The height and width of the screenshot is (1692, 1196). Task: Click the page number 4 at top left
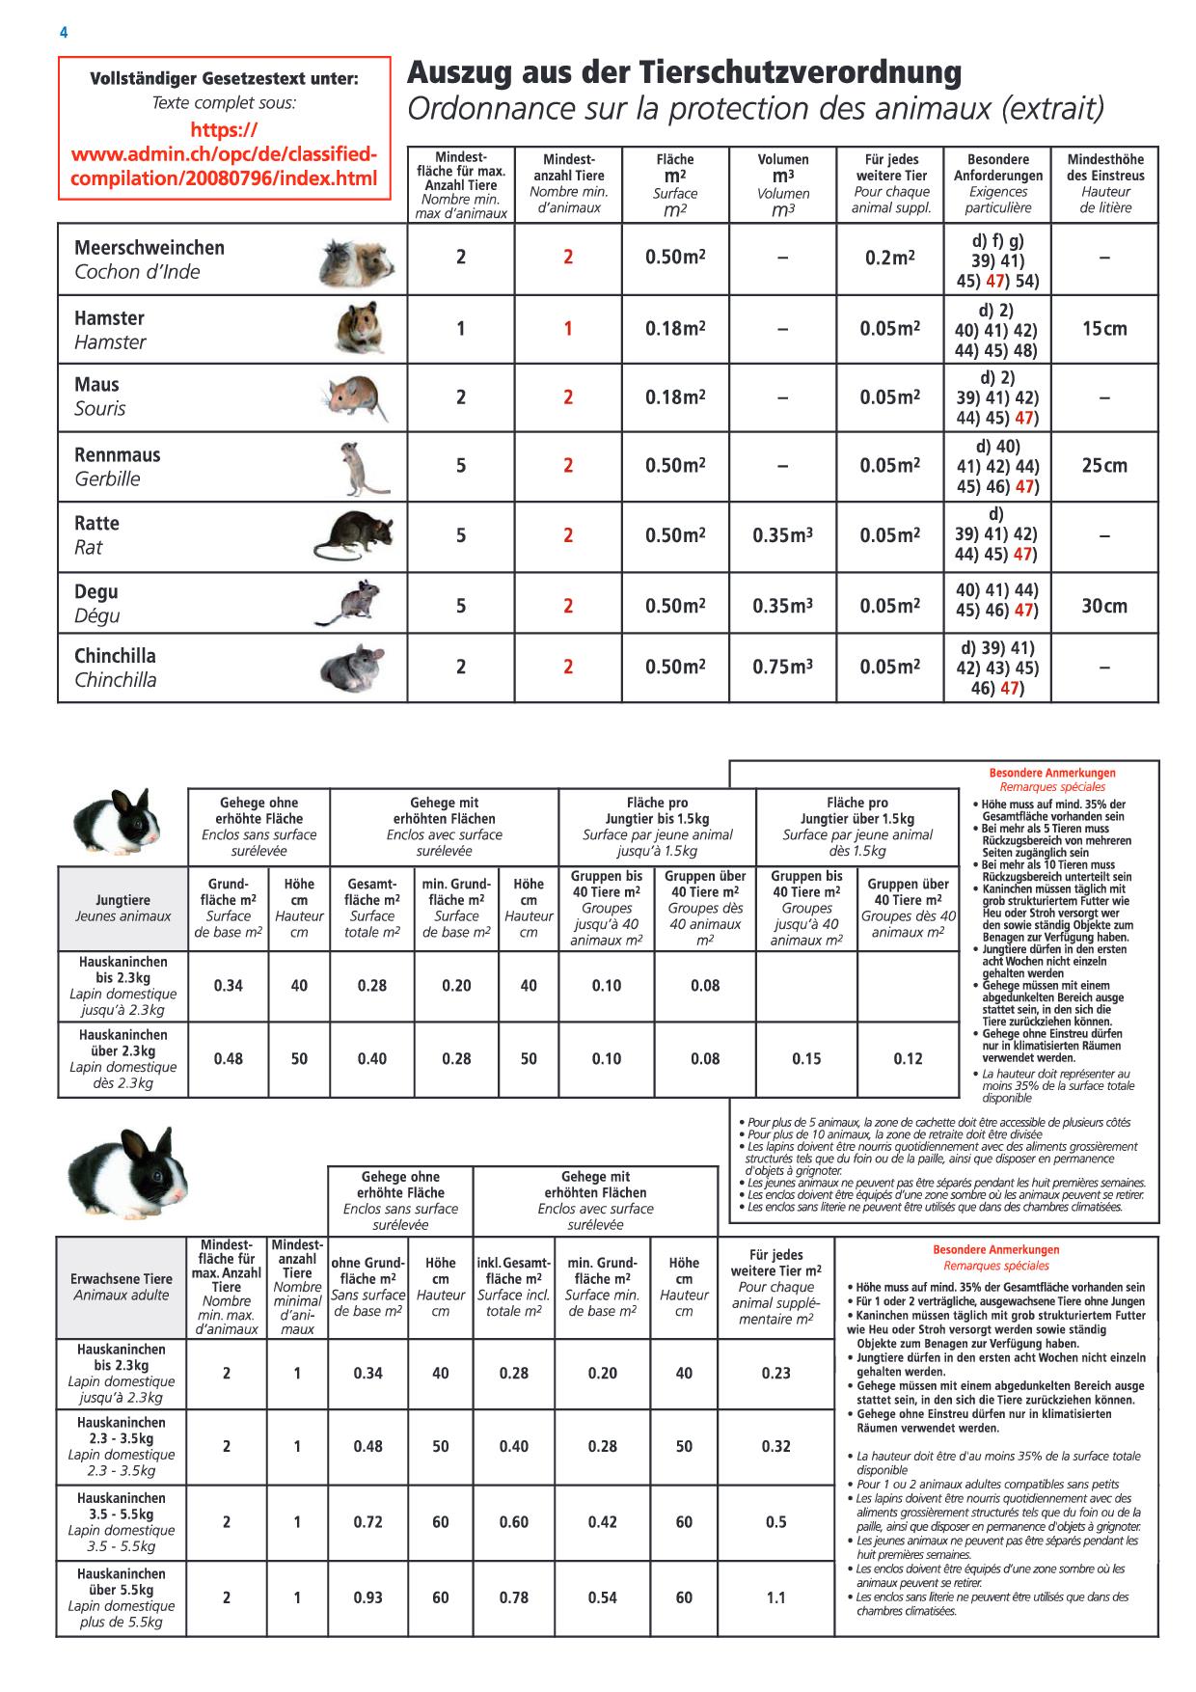64,33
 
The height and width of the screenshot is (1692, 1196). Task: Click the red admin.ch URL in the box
224,154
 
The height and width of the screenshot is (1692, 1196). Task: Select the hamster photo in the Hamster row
359,328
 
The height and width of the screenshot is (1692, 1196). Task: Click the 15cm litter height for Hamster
1104,329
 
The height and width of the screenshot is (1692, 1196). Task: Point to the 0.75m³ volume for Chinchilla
782,668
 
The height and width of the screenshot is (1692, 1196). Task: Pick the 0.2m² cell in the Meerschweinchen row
889,258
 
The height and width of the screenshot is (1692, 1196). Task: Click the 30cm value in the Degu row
1104,606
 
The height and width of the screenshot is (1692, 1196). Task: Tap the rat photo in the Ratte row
354,536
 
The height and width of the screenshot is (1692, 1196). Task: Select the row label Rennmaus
118,455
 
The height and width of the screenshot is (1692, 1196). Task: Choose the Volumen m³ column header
782,183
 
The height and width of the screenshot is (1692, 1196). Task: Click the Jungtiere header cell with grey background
122,908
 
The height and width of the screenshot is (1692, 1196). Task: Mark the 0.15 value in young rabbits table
806,1059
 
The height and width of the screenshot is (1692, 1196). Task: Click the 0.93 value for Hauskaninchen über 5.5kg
368,1597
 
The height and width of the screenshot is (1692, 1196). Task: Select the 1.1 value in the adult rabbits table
775,1597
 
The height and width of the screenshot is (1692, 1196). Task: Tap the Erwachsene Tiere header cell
121,1287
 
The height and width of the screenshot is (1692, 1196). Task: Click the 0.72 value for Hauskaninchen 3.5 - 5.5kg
368,1522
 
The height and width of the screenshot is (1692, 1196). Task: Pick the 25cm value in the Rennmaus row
1104,466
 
